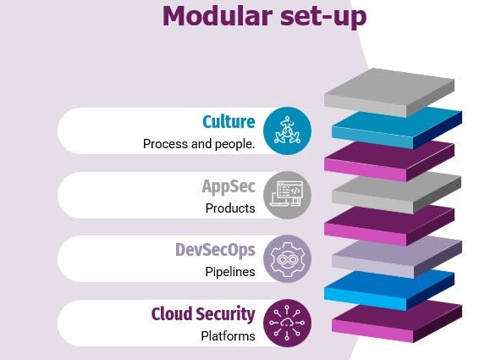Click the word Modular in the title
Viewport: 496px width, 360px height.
pos(218,16)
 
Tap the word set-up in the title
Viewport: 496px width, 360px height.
pos(323,18)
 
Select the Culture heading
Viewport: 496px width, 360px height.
pos(229,122)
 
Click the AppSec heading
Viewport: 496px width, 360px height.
pos(229,187)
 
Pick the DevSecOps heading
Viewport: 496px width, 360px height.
pos(215,251)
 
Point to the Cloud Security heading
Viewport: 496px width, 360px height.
pos(203,314)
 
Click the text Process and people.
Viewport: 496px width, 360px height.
pos(199,144)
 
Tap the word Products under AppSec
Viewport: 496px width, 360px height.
pos(230,208)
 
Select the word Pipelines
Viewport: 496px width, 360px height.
pos(230,272)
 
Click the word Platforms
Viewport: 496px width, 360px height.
pos(228,336)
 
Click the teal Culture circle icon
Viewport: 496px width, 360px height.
pos(287,130)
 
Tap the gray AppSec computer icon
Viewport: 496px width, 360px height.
pos(287,196)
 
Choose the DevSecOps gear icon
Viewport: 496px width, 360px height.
pos(287,259)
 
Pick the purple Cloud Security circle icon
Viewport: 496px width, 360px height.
pos(287,324)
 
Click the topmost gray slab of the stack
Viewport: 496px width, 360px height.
pos(389,91)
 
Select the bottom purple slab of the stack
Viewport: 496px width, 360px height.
pos(397,323)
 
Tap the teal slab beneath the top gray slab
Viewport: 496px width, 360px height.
pos(397,128)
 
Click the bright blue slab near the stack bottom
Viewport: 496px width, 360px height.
pos(389,291)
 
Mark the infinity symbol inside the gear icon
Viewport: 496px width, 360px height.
pos(287,260)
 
